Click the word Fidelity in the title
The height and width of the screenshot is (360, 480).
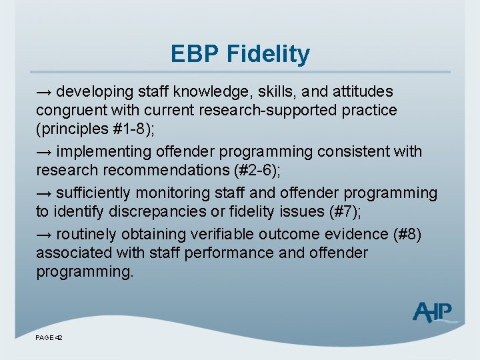pyautogui.click(x=271, y=53)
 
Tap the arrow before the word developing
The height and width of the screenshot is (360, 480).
pyautogui.click(x=44, y=91)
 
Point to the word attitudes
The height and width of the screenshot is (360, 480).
pyautogui.click(x=359, y=91)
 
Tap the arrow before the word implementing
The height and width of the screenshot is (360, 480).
pyautogui.click(x=44, y=152)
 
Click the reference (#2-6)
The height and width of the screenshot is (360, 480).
pyautogui.click(x=255, y=171)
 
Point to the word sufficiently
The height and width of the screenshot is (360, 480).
pyautogui.click(x=94, y=193)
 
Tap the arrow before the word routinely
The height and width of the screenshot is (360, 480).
pyautogui.click(x=44, y=234)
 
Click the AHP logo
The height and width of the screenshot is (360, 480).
pyautogui.click(x=434, y=311)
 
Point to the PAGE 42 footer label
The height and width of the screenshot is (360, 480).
pyautogui.click(x=49, y=339)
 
